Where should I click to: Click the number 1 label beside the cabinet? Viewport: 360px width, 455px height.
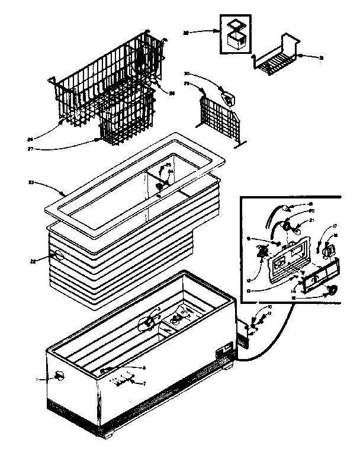coord(39,377)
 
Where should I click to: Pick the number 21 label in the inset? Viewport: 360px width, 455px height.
coord(313,221)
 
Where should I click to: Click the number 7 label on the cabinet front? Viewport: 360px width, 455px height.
coord(144,383)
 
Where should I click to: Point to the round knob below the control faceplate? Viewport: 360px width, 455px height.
coord(332,290)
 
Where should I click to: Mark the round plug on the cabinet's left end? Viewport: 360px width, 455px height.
coord(59,375)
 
